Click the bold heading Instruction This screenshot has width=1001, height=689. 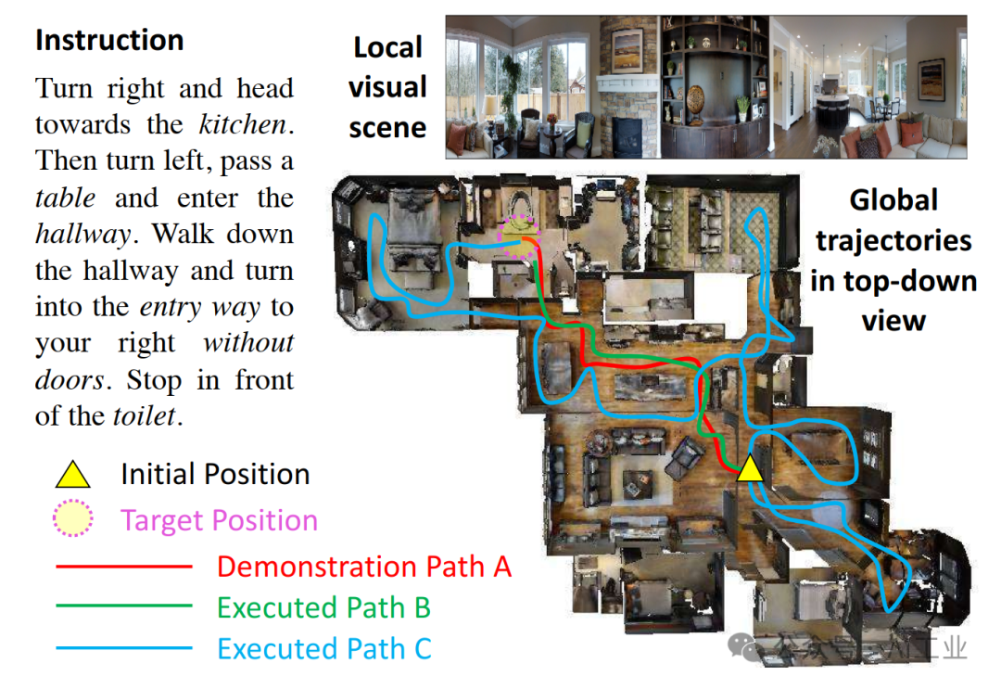click(x=109, y=41)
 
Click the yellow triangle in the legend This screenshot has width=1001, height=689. click(x=73, y=476)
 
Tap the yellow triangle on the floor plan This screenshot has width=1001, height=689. click(x=750, y=469)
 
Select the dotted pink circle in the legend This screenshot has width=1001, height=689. click(x=73, y=520)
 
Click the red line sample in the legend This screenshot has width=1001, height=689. click(x=123, y=566)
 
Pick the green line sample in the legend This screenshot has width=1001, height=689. click(x=123, y=606)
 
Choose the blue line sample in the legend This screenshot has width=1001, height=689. click(x=123, y=648)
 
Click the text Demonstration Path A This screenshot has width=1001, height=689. click(x=364, y=566)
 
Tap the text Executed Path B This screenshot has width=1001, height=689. click(x=323, y=607)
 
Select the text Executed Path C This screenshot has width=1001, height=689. click(x=324, y=648)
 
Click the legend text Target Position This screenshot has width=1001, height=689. click(x=219, y=520)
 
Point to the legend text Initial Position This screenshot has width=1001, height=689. click(x=215, y=475)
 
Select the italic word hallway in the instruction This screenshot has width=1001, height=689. click(x=82, y=235)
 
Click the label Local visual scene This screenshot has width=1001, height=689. click(x=387, y=87)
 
